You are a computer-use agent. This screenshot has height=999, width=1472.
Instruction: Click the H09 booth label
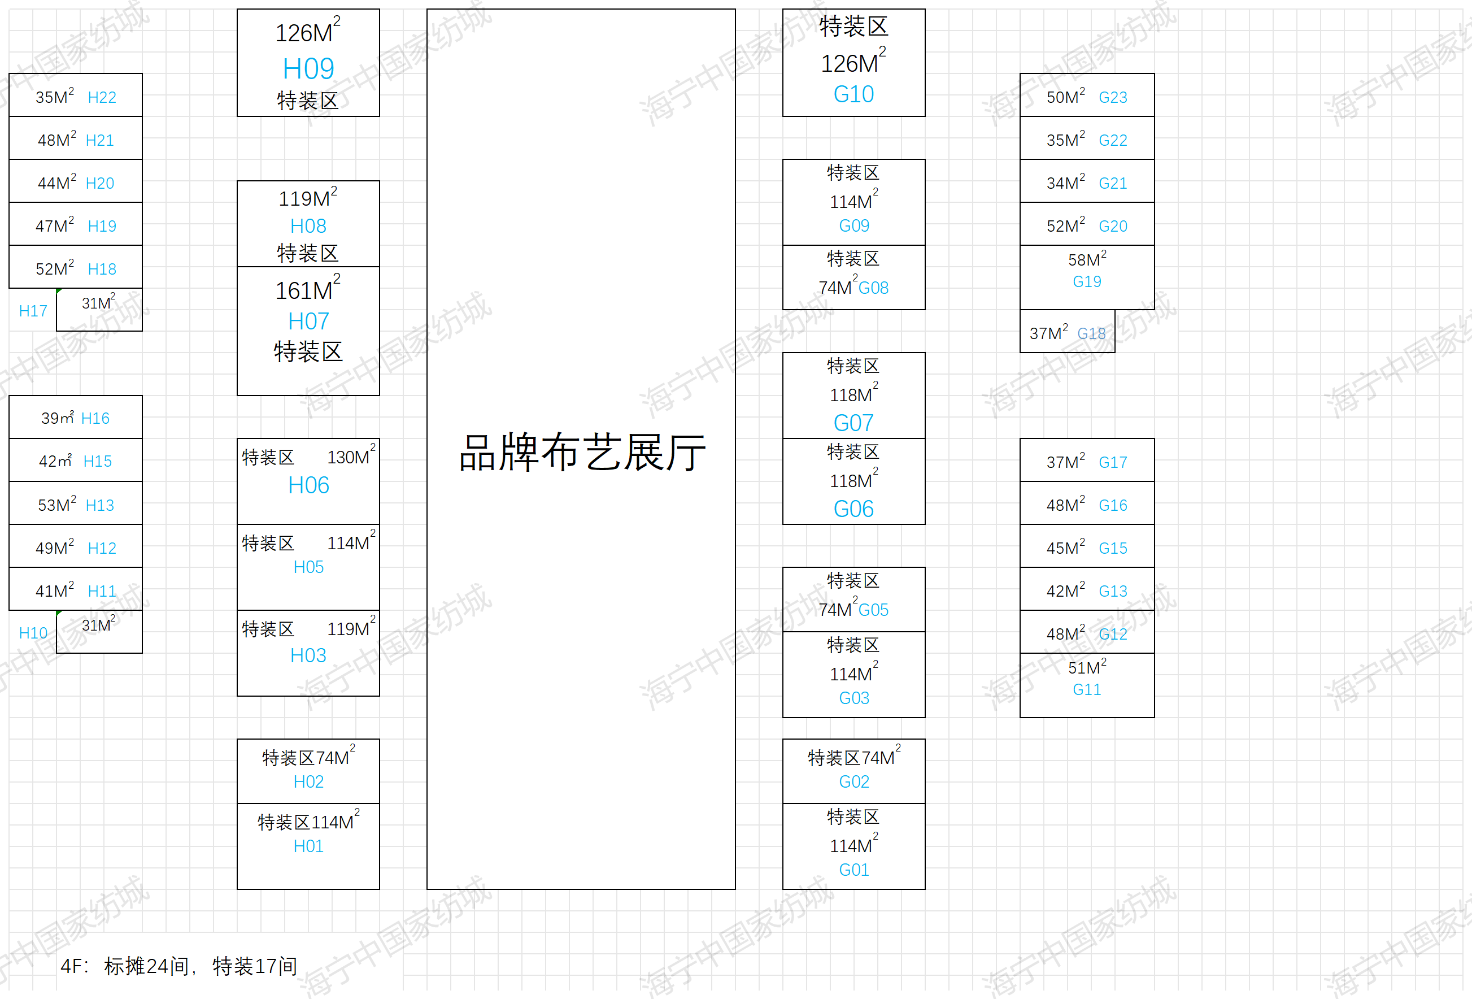308,68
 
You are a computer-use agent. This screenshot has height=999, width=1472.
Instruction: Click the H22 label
102,98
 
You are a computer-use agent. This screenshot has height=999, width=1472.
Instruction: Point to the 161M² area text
307,289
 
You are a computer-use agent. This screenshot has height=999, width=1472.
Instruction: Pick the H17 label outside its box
33,311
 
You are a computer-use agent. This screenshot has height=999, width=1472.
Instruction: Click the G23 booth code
1112,98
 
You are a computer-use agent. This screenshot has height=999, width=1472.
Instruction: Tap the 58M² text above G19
1086,259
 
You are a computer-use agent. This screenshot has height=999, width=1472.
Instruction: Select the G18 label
1091,334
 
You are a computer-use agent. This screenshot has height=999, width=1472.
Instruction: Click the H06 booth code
308,485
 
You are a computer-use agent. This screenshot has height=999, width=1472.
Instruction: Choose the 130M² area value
350,456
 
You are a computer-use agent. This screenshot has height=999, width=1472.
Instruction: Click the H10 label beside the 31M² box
33,633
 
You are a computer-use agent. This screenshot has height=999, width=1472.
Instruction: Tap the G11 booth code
1086,689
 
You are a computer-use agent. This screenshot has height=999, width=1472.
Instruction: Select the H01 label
308,846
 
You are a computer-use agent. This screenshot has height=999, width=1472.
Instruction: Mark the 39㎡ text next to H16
57,418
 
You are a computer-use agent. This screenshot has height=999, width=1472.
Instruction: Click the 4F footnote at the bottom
178,966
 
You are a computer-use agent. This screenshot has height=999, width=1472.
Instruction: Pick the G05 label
873,610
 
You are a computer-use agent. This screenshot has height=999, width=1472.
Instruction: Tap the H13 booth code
99,506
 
